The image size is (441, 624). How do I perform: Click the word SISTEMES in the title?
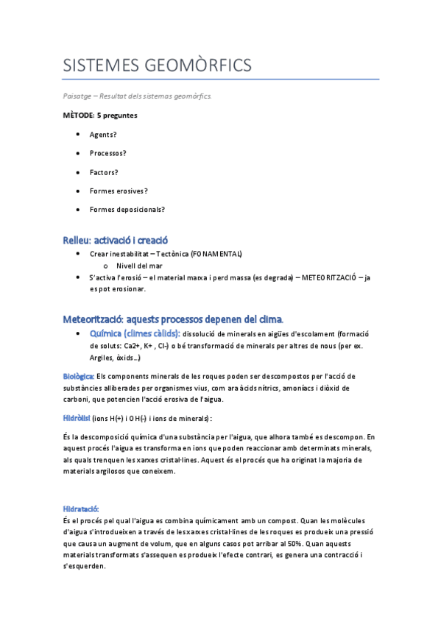99,65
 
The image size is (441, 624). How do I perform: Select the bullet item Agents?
103,135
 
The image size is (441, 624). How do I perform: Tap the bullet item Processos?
107,153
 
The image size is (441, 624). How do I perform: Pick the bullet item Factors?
104,172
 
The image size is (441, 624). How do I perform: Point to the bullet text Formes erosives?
119,191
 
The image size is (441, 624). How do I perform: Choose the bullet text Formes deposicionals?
127,209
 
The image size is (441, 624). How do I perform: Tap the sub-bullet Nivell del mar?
139,265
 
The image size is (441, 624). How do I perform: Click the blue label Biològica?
78,376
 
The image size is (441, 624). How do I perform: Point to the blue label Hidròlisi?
77,418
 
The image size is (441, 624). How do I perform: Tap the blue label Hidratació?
81,508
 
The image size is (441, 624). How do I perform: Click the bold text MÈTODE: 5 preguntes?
100,116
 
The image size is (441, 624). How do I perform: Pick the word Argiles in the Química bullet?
101,358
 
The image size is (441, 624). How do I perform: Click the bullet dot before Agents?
78,135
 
